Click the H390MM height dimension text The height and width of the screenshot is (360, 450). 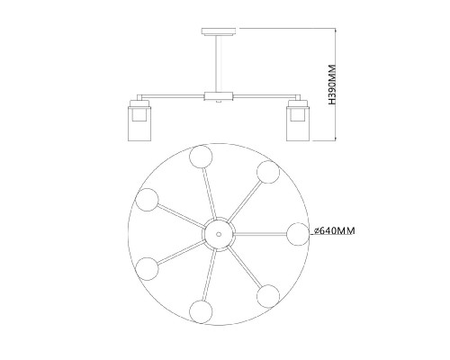332,85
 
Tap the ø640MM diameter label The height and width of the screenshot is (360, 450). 335,230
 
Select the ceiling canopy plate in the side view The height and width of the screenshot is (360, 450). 219,31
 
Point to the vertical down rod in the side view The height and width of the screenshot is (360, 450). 219,64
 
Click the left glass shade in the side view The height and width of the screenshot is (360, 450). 139,121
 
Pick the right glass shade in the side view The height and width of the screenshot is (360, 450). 298,121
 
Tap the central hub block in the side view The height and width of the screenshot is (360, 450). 219,96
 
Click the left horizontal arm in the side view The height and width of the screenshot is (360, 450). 171,96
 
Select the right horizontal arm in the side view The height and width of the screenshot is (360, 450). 266,96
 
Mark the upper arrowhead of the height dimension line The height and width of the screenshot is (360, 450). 336,31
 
